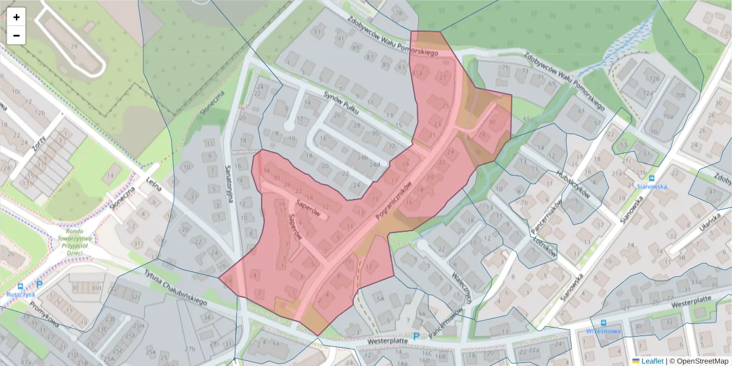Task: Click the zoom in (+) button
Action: click(x=16, y=17)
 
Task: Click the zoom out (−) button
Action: click(x=16, y=35)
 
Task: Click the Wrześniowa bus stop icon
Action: click(x=603, y=323)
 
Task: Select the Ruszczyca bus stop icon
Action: click(x=21, y=285)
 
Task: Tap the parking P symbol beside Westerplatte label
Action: click(x=417, y=336)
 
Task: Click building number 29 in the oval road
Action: click(x=74, y=46)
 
